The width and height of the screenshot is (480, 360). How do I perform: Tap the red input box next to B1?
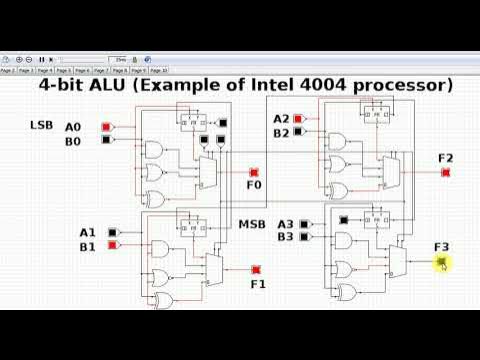(116, 245)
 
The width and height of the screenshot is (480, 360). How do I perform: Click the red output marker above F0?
(254, 172)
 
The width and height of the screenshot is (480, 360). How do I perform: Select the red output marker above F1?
(257, 270)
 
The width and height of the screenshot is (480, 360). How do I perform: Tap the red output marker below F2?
(445, 172)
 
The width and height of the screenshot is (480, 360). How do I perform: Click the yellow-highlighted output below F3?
(442, 261)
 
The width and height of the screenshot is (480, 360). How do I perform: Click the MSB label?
(251, 224)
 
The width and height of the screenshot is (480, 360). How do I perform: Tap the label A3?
(286, 224)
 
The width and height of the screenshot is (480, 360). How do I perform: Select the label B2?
(282, 132)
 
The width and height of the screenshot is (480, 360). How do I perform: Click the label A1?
(88, 232)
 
